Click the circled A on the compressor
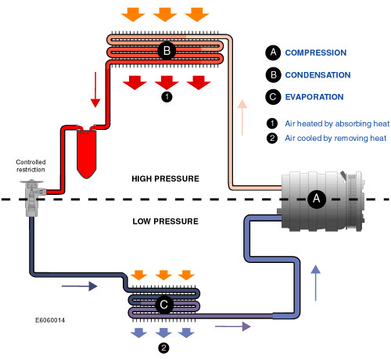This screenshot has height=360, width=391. click(x=317, y=199)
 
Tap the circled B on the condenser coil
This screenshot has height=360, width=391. click(x=167, y=50)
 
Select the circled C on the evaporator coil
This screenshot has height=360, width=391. click(x=164, y=304)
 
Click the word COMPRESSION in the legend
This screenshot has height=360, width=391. click(x=315, y=52)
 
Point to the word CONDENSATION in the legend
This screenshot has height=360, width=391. click(x=317, y=75)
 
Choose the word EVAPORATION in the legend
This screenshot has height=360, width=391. click(x=314, y=97)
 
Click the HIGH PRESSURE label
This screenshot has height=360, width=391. click(x=165, y=178)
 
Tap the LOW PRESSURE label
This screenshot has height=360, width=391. click(x=166, y=221)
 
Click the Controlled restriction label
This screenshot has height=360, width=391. click(x=30, y=166)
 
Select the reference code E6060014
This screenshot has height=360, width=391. click(x=50, y=320)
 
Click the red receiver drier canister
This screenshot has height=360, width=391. click(x=87, y=152)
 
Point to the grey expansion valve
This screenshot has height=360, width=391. click(x=32, y=198)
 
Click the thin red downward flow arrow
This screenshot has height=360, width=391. click(x=95, y=89)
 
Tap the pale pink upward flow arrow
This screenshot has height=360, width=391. click(x=242, y=117)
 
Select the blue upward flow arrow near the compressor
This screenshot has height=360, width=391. click(x=316, y=283)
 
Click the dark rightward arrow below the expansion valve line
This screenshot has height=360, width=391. click(x=80, y=286)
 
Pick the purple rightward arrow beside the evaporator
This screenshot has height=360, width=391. click(x=233, y=326)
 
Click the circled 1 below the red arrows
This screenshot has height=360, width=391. click(x=167, y=97)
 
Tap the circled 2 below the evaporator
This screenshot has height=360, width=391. click(x=163, y=347)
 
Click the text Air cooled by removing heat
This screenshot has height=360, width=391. click(x=335, y=138)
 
